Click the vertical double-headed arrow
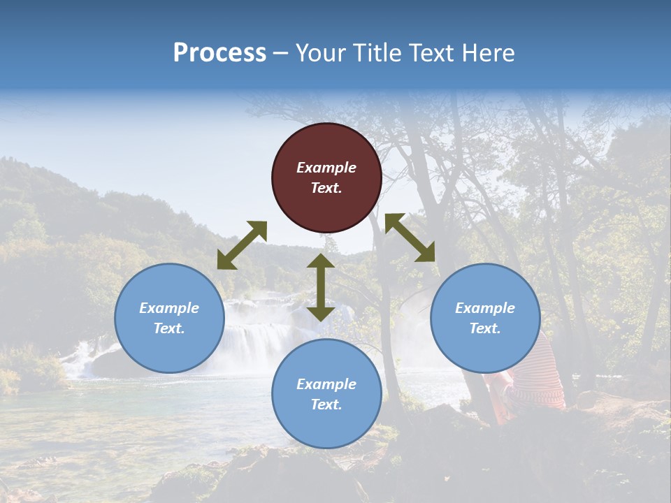(x=321, y=287)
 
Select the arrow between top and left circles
(x=242, y=245)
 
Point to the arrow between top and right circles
(x=410, y=238)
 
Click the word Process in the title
(x=219, y=52)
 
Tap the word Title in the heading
(x=377, y=52)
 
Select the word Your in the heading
(x=319, y=52)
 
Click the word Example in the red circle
(x=326, y=168)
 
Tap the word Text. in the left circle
(x=169, y=328)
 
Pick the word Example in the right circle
(x=485, y=308)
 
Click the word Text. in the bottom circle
(x=326, y=404)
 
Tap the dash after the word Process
(x=280, y=53)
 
